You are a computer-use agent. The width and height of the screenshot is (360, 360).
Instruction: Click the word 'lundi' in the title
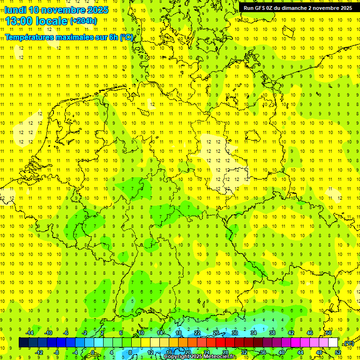(15, 10)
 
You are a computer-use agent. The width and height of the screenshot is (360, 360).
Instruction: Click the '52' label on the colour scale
(338, 352)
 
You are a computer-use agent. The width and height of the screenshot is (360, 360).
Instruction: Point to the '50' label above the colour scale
(329, 333)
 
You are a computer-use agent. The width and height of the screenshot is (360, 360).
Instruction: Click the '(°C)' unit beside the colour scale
(349, 343)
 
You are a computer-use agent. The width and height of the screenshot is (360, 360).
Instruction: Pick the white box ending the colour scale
(333, 343)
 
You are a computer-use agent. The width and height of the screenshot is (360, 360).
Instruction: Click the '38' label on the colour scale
(272, 333)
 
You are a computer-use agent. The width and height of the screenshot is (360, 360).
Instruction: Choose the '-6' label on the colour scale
(66, 333)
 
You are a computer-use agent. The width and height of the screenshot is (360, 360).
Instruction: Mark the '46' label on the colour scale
(310, 333)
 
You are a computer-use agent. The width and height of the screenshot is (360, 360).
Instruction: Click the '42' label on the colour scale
(291, 333)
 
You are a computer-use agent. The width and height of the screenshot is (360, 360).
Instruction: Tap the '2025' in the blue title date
(97, 10)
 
